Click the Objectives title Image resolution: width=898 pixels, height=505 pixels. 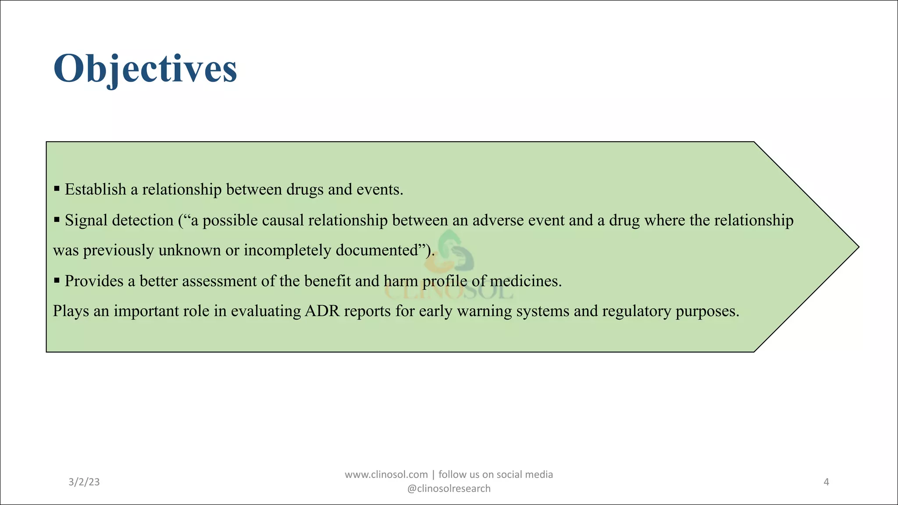coord(145,69)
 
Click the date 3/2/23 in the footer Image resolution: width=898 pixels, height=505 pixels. coord(84,482)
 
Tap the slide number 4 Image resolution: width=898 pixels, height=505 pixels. coord(826,482)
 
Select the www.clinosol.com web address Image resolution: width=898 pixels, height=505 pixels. coord(386,475)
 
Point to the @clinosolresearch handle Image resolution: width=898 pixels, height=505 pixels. coord(449,489)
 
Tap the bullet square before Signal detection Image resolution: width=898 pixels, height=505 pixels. coord(57,219)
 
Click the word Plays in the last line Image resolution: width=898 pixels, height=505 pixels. coord(71,311)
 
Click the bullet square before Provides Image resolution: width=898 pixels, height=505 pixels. coord(57,280)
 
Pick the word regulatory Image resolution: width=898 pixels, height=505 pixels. coord(636,312)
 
